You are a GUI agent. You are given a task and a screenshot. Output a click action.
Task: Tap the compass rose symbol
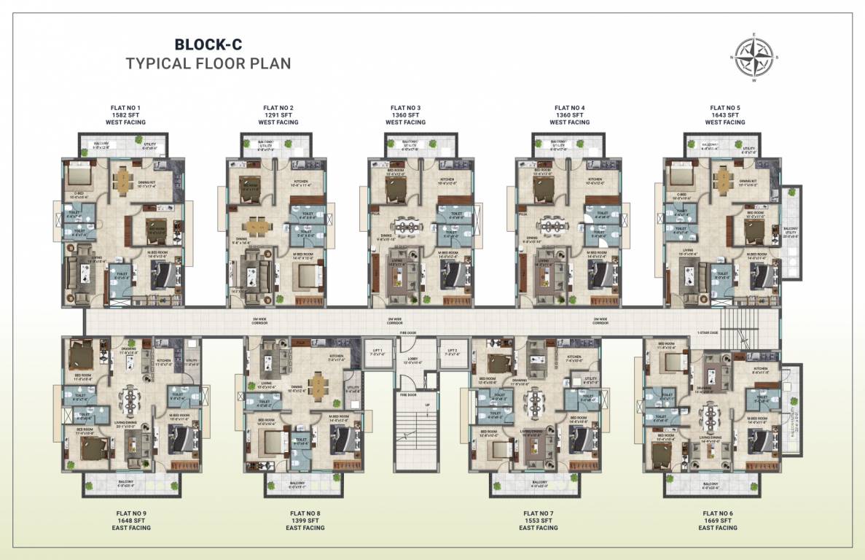click(754, 57)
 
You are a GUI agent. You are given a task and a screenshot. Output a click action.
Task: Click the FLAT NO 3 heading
click(405, 108)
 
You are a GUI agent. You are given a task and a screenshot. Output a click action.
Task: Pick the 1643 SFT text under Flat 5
click(724, 115)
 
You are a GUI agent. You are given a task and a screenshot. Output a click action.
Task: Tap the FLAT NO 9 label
click(132, 513)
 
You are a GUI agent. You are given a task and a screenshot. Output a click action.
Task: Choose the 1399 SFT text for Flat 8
click(305, 521)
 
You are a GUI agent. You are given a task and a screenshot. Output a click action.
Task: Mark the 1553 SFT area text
click(538, 521)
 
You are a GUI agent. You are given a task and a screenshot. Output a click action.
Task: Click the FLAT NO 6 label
click(717, 513)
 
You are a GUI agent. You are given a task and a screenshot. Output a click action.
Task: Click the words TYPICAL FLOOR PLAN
click(208, 63)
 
